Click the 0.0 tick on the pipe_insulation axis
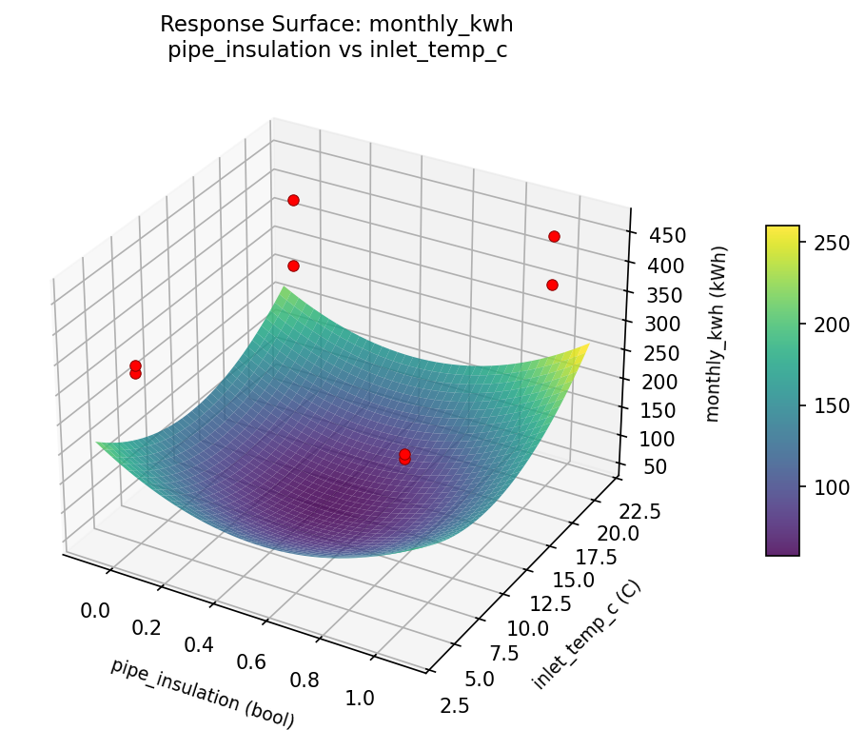[96, 610]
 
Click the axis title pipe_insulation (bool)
[203, 693]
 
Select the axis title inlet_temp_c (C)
[586, 634]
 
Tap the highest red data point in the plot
[293, 200]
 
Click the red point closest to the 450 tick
[554, 236]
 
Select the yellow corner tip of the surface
[587, 345]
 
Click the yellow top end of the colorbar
[782, 229]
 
